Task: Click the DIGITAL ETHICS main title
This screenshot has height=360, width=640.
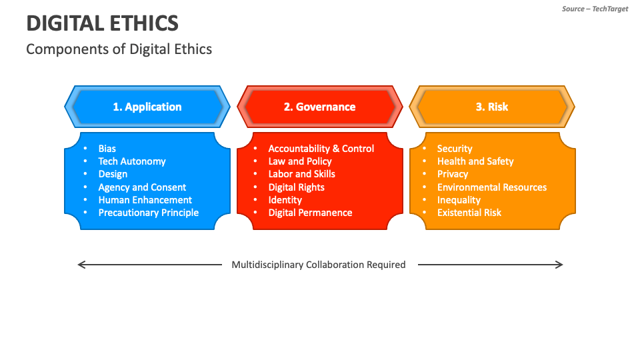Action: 102,23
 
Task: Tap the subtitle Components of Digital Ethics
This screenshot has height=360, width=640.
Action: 119,49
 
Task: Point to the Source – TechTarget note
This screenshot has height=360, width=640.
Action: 595,9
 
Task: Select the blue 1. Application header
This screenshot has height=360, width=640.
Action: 147,107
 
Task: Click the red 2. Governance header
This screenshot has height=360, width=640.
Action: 319,107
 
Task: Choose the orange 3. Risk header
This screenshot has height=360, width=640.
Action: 492,107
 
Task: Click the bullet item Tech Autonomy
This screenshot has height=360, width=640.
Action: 132,161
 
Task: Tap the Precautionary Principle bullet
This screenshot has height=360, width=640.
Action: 149,213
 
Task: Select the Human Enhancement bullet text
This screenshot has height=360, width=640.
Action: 145,200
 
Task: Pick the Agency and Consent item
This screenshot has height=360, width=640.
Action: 142,187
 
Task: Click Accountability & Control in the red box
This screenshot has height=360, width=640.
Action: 321,149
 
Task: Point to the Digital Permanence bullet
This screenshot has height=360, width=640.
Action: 310,213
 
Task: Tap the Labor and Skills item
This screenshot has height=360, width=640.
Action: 301,174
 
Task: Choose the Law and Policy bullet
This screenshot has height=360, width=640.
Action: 300,161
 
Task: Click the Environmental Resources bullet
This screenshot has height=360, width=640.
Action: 492,187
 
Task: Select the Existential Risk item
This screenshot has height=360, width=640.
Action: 469,213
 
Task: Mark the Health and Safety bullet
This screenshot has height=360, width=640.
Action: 475,161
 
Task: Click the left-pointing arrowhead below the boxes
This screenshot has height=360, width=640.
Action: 81,265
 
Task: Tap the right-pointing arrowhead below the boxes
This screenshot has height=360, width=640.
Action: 560,265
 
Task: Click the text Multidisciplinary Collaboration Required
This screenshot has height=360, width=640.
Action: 319,265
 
